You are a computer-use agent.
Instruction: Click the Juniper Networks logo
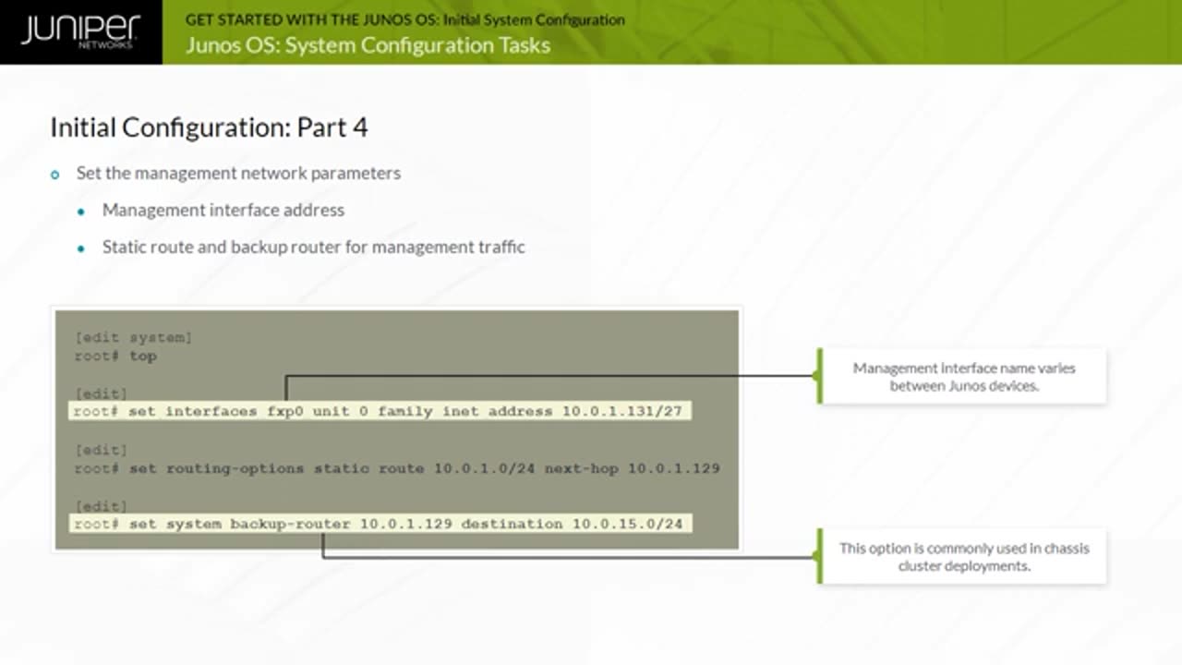click(x=80, y=31)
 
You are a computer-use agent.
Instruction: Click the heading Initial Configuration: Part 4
click(x=209, y=127)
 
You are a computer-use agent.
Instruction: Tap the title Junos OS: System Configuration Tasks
click(x=368, y=45)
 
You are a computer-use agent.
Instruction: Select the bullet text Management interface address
click(x=223, y=210)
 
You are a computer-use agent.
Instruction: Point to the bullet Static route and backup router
click(x=313, y=247)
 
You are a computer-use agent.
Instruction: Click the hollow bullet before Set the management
click(x=55, y=175)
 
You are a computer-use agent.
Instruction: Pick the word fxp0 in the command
click(x=285, y=411)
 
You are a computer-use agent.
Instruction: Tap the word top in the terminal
click(x=143, y=356)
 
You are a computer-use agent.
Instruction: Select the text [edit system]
click(x=134, y=337)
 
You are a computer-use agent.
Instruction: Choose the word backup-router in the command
click(x=290, y=524)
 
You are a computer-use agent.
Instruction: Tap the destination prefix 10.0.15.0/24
click(x=627, y=524)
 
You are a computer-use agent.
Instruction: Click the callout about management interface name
click(x=963, y=376)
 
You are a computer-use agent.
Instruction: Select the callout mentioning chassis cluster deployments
click(x=963, y=556)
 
